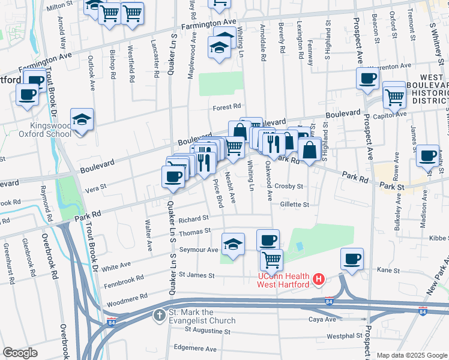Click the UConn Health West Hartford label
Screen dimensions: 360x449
(279, 280)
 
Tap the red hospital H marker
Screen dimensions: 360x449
(319, 280)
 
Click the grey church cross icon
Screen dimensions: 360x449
(159, 315)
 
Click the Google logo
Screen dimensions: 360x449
(20, 352)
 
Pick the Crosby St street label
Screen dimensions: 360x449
(289, 187)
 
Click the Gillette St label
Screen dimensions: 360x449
(294, 205)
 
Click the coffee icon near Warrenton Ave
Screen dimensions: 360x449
(367, 78)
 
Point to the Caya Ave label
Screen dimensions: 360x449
(322, 319)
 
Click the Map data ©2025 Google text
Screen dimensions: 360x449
(412, 355)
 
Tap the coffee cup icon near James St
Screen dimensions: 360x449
(427, 155)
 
